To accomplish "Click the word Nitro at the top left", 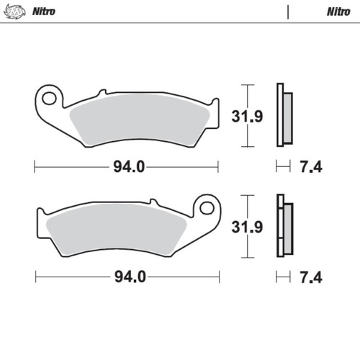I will click(x=42, y=12).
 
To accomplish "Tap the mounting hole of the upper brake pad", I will click(x=50, y=96).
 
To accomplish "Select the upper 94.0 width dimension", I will click(x=129, y=168).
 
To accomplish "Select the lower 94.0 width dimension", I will click(x=129, y=276).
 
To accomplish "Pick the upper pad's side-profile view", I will click(x=284, y=115).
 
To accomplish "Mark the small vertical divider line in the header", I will click(x=288, y=12).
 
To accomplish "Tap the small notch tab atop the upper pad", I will click(x=102, y=91).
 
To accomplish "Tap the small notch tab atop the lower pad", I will click(x=152, y=202).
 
